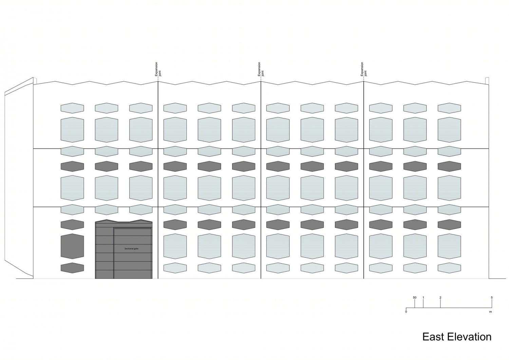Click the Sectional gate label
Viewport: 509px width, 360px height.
[131, 249]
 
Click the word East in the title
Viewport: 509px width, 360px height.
[433, 337]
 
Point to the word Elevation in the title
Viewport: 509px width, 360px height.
[469, 337]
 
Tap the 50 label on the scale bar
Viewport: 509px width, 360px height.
[415, 298]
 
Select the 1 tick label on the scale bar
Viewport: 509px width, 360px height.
[423, 298]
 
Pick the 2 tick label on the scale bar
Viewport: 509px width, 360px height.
[440, 298]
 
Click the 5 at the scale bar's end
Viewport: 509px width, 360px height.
[492, 298]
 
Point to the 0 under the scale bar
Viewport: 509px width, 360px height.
[406, 312]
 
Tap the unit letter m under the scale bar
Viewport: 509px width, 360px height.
[490, 312]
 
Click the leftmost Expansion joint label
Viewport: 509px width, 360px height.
[158, 69]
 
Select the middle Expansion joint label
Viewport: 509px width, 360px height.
[261, 69]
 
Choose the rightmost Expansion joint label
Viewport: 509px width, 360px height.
[363, 69]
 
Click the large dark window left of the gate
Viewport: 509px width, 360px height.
[72, 246]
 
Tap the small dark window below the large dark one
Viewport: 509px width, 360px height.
[72, 268]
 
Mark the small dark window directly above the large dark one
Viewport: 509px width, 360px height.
[72, 225]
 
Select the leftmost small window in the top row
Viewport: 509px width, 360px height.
[72, 108]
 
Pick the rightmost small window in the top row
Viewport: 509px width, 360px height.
[449, 108]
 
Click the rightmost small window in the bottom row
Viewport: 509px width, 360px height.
[449, 268]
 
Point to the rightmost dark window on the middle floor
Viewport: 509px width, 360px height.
[449, 166]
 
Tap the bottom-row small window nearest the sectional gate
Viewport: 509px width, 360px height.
[175, 268]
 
